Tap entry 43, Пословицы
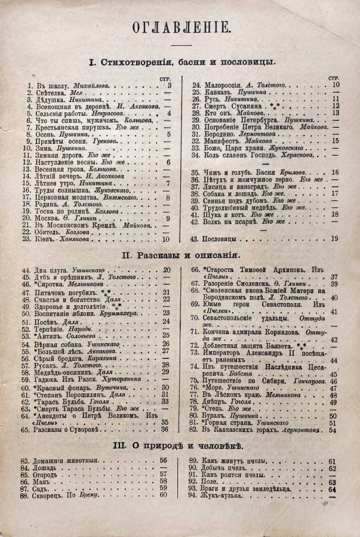click(x=221, y=239)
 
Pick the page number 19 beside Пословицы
click(x=334, y=239)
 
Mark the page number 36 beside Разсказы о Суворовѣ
click(x=165, y=429)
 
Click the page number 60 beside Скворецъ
click(x=164, y=495)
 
